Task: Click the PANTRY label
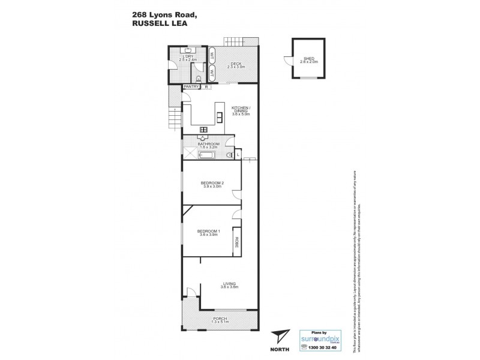[191, 86]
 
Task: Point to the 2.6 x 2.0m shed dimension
[309, 61]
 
